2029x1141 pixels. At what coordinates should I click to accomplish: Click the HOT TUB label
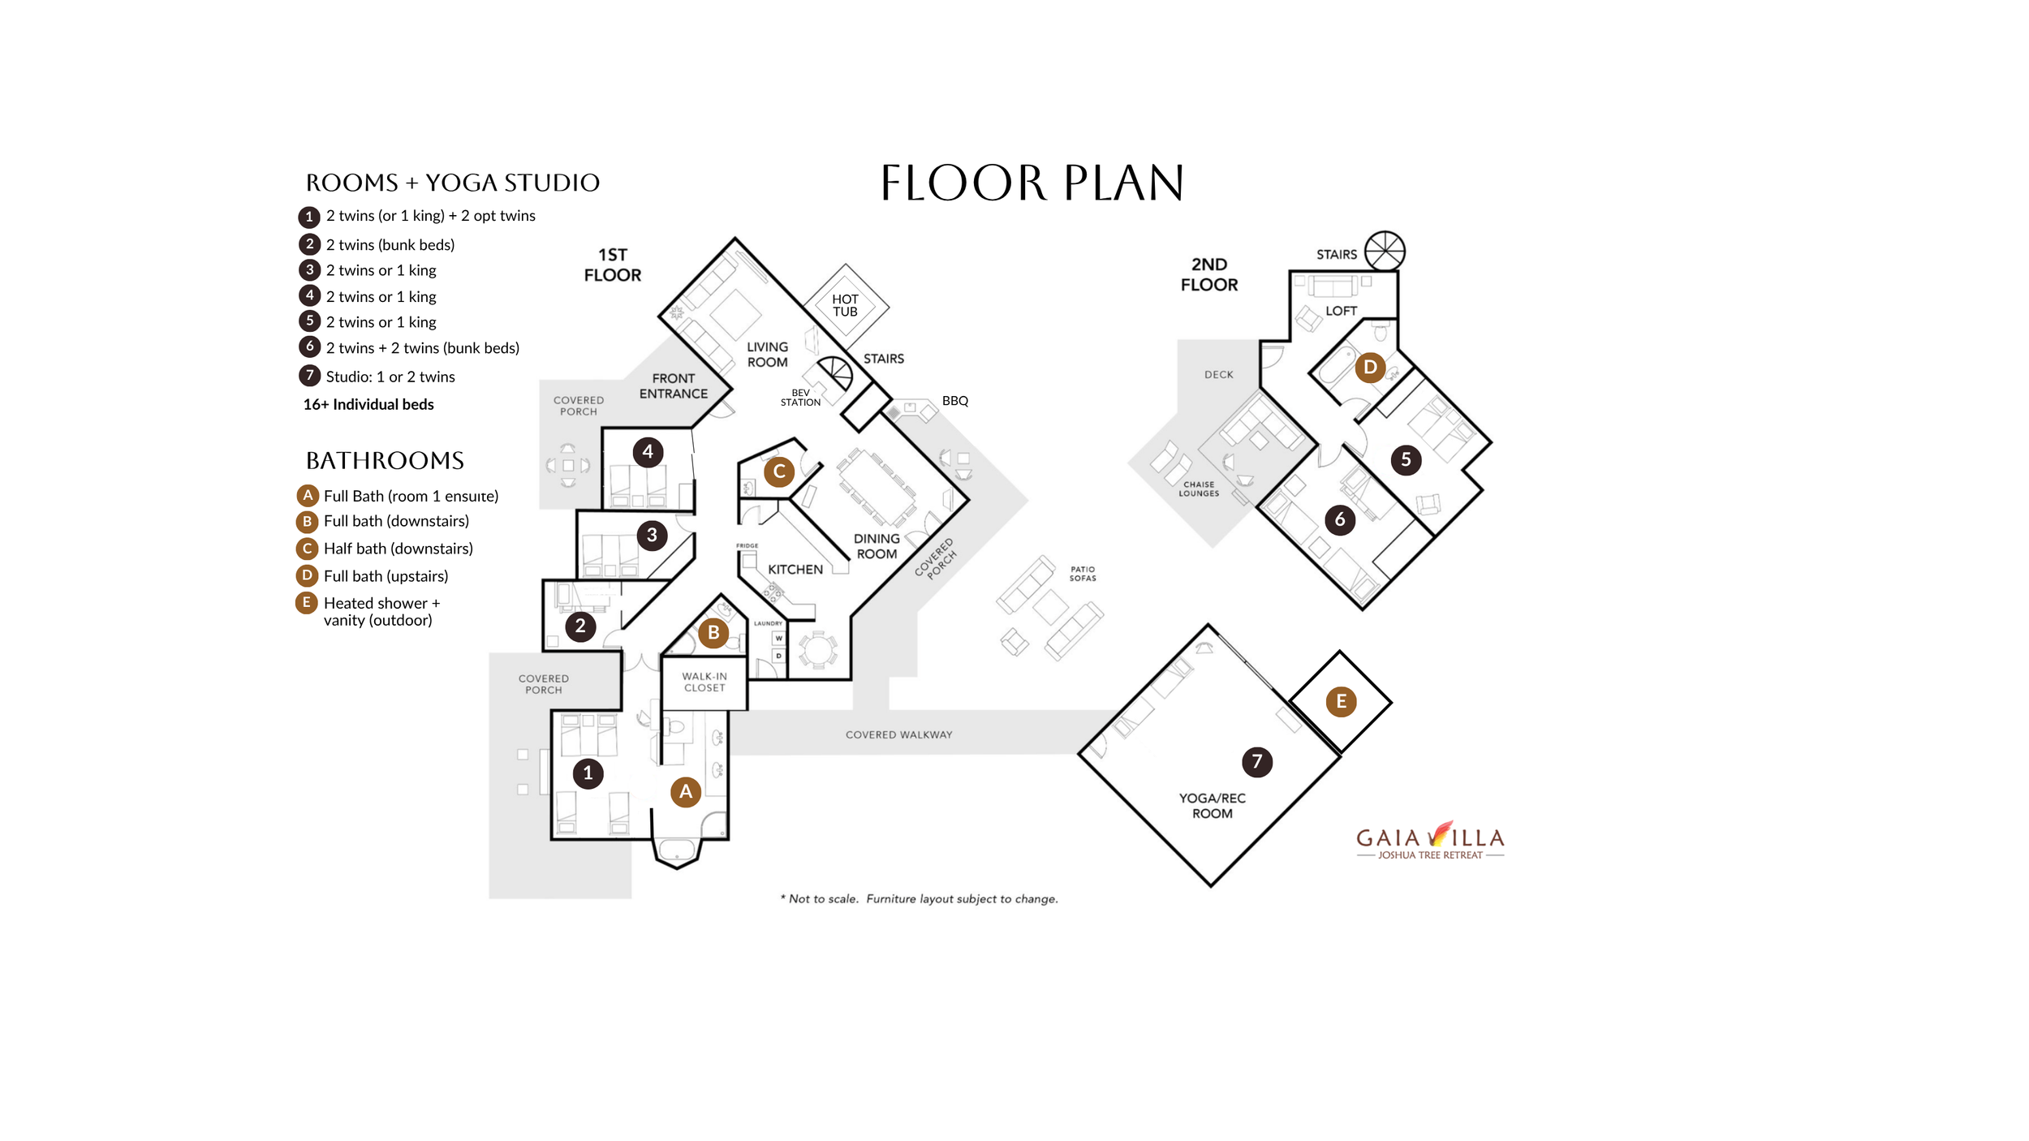[x=845, y=305]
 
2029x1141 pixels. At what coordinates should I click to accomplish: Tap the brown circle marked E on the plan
[x=1341, y=701]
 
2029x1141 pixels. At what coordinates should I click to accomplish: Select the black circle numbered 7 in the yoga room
[x=1257, y=761]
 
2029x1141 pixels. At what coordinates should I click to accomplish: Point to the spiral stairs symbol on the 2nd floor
[x=1385, y=250]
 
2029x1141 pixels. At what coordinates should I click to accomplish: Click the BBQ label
[x=955, y=401]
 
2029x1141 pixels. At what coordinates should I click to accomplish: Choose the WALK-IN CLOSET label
[x=704, y=682]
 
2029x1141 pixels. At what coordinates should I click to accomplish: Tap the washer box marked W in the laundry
[x=778, y=638]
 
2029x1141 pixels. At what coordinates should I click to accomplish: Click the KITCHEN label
[x=795, y=570]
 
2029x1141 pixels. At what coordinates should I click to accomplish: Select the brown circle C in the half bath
[x=779, y=471]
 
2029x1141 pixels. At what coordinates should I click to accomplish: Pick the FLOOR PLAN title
[x=1032, y=183]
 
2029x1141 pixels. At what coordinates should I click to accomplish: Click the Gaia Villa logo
[x=1430, y=840]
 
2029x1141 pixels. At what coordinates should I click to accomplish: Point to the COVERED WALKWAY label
[x=899, y=734]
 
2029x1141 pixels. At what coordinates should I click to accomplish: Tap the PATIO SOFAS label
[x=1083, y=574]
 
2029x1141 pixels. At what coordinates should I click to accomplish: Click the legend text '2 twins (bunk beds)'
[x=390, y=245]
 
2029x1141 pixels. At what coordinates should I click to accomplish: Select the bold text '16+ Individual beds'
[x=368, y=404]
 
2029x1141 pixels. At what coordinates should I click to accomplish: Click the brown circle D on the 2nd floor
[x=1370, y=368]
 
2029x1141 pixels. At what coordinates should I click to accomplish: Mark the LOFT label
[x=1341, y=311]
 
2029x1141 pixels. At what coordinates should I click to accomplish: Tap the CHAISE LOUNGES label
[x=1199, y=489]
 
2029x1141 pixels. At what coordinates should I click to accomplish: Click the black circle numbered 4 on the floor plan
[x=648, y=451]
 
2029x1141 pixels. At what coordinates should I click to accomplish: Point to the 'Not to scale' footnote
[x=919, y=899]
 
